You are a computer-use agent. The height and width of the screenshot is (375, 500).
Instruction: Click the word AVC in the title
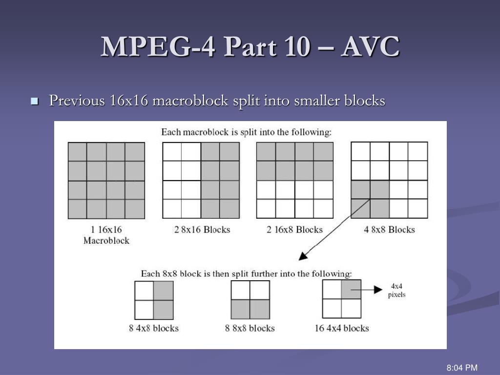tap(370, 46)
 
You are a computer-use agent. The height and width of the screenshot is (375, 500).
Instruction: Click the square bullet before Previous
tap(35, 102)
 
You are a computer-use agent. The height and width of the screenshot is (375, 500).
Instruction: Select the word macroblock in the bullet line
tap(190, 101)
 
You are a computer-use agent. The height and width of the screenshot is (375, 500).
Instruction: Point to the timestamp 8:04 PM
tap(462, 368)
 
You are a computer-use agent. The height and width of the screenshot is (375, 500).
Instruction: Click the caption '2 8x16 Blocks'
tap(202, 229)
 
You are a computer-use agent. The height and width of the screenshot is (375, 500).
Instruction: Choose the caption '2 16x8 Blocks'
tap(294, 229)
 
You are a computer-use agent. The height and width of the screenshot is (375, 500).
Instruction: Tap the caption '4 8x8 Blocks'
tap(389, 229)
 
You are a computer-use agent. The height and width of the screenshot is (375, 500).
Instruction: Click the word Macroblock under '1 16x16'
tap(106, 240)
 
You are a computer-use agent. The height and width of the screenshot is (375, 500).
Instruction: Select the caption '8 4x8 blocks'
tap(154, 328)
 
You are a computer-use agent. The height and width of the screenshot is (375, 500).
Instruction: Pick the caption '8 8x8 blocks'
tap(250, 328)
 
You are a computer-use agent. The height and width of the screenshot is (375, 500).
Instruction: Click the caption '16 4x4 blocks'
tap(341, 328)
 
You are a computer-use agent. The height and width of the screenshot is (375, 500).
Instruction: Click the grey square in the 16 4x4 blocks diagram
tap(351, 290)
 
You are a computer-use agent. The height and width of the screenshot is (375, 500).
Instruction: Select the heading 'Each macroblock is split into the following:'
tap(247, 132)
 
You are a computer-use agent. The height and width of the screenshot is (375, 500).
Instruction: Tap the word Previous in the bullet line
tap(77, 101)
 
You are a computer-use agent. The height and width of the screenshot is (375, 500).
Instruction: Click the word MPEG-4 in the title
tap(158, 46)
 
